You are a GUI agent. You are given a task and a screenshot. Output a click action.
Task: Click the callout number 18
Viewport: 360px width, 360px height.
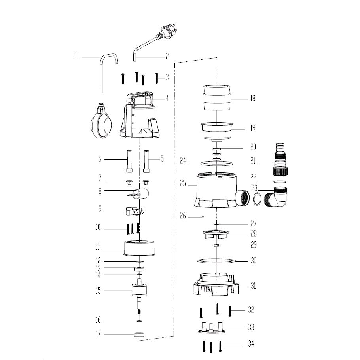point(252,98)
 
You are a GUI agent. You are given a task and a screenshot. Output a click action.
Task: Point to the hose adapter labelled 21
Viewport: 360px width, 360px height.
point(280,159)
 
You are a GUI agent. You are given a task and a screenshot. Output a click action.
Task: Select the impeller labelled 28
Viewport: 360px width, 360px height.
point(216,234)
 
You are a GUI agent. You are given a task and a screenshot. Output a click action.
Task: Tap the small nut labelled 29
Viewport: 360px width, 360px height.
point(216,245)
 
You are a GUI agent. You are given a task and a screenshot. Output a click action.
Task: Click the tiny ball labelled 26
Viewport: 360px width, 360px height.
point(203,217)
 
